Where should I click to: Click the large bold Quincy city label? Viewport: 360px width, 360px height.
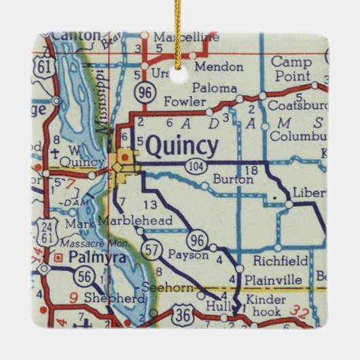(x=182, y=146)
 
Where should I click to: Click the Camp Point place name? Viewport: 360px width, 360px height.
(x=291, y=68)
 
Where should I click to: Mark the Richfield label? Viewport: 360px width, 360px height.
(x=280, y=260)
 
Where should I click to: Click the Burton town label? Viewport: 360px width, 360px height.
(x=233, y=181)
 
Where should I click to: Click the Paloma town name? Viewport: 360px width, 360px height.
(x=215, y=88)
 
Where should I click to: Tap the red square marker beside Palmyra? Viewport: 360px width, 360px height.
(x=59, y=257)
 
